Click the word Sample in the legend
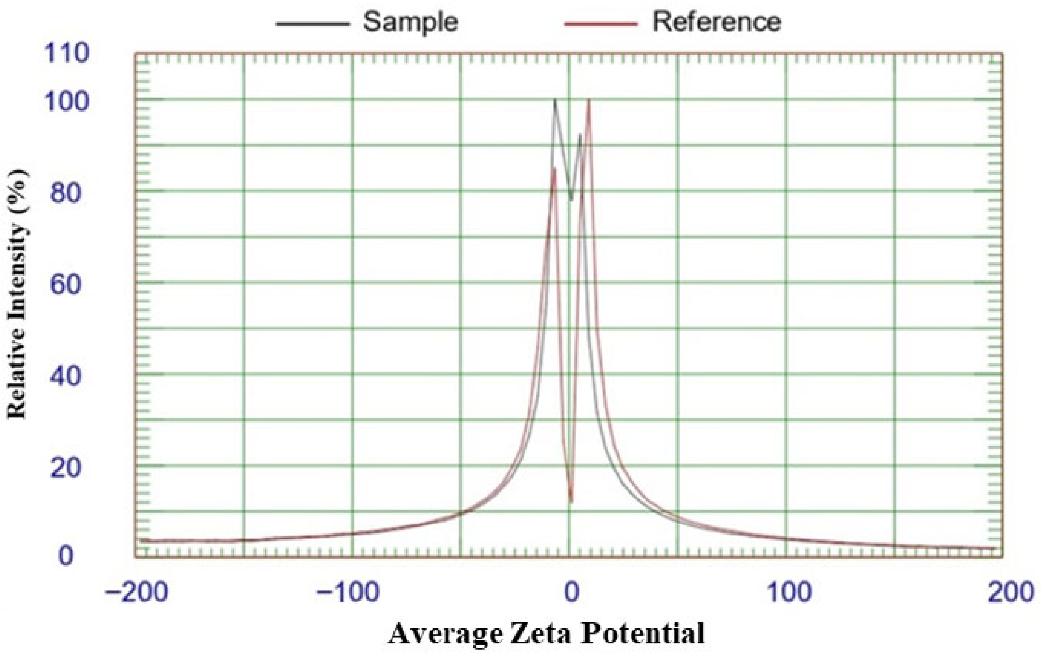point(410,22)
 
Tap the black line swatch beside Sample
point(312,24)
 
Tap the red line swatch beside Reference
point(601,24)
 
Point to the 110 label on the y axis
point(66,55)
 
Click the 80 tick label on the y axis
point(66,193)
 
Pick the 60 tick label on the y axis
point(66,285)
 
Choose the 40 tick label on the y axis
point(66,376)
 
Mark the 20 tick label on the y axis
point(66,468)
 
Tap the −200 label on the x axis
point(136,592)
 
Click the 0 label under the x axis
point(571,592)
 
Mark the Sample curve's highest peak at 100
point(555,100)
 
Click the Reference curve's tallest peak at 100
point(588,100)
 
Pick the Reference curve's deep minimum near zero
point(572,501)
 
